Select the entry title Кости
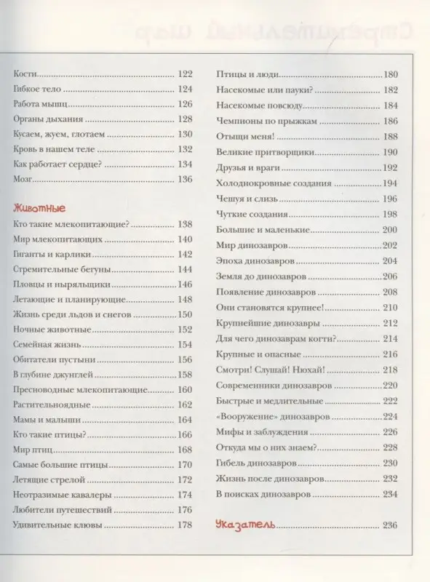[x=25, y=73]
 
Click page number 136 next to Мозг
[x=184, y=179]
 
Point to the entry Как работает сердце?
[x=57, y=164]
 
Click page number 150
[x=184, y=314]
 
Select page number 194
[x=390, y=183]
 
